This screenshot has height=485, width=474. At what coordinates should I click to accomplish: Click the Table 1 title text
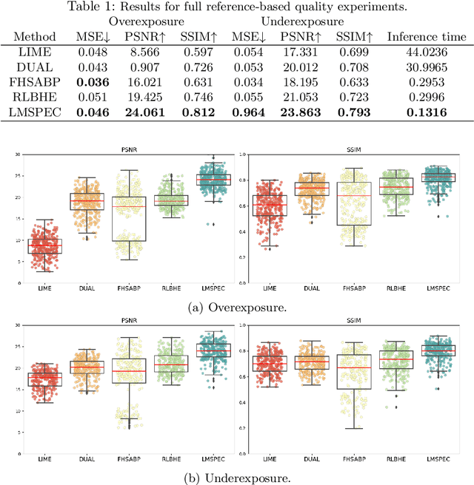click(236, 7)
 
